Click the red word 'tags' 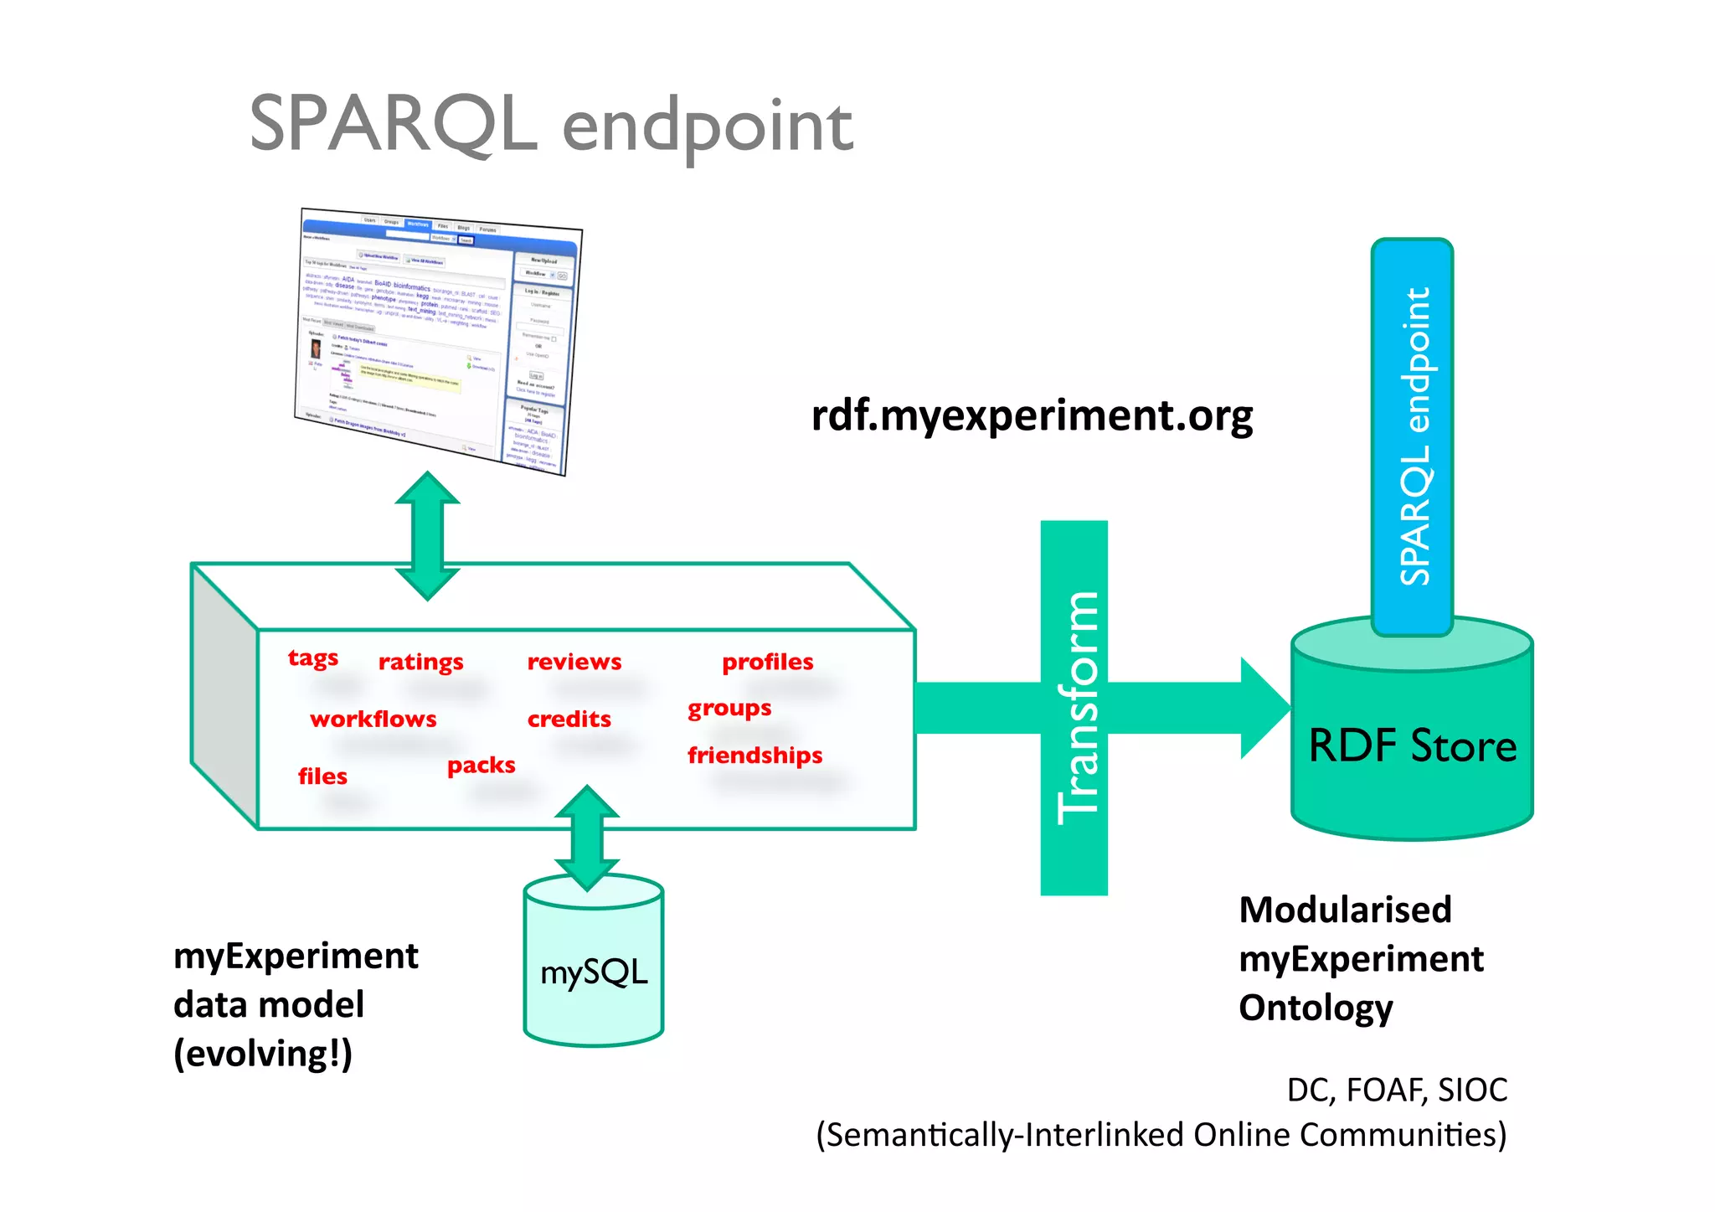click(313, 658)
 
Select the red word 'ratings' click(420, 663)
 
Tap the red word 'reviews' click(574, 662)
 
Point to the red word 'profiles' click(767, 662)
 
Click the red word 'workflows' click(373, 719)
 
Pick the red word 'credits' click(569, 719)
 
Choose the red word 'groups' click(729, 709)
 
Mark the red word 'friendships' click(754, 756)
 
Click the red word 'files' click(322, 776)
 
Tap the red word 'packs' click(481, 766)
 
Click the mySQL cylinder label click(594, 972)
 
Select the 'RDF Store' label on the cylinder click(1412, 745)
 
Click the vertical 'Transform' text click(1076, 708)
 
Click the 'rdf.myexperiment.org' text click(1032, 416)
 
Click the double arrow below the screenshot click(427, 536)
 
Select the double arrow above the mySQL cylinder click(587, 838)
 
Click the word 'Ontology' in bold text click(1316, 1008)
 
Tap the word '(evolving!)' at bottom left click(263, 1054)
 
